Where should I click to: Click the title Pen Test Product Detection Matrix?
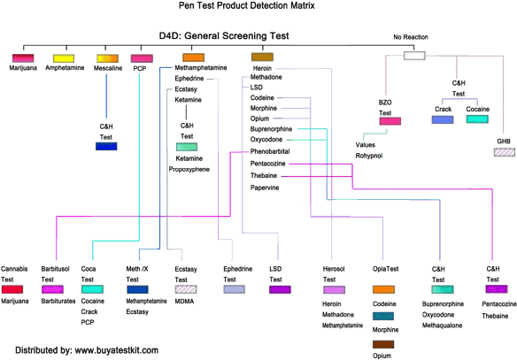(x=259, y=5)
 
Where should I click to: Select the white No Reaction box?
(x=413, y=56)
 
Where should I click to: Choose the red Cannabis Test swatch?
(x=12, y=289)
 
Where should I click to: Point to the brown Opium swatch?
(x=383, y=345)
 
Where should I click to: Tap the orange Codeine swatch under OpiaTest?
(x=383, y=289)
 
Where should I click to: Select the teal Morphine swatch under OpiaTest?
(x=383, y=316)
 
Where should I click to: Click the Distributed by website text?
(x=80, y=349)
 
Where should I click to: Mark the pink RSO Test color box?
(x=390, y=121)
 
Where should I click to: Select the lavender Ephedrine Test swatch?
(x=234, y=289)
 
